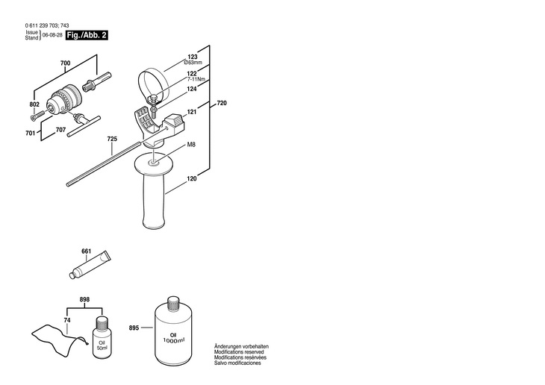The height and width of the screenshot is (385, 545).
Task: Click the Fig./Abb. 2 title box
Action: (86, 35)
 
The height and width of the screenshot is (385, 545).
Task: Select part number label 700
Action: (65, 66)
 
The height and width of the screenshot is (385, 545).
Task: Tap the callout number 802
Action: (34, 104)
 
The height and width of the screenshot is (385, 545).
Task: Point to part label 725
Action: (112, 139)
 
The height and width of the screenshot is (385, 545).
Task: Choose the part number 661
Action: (86, 251)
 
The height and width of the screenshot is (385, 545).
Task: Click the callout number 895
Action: (134, 328)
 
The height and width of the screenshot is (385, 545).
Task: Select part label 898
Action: (84, 299)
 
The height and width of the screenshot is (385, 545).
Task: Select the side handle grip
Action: (154, 194)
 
